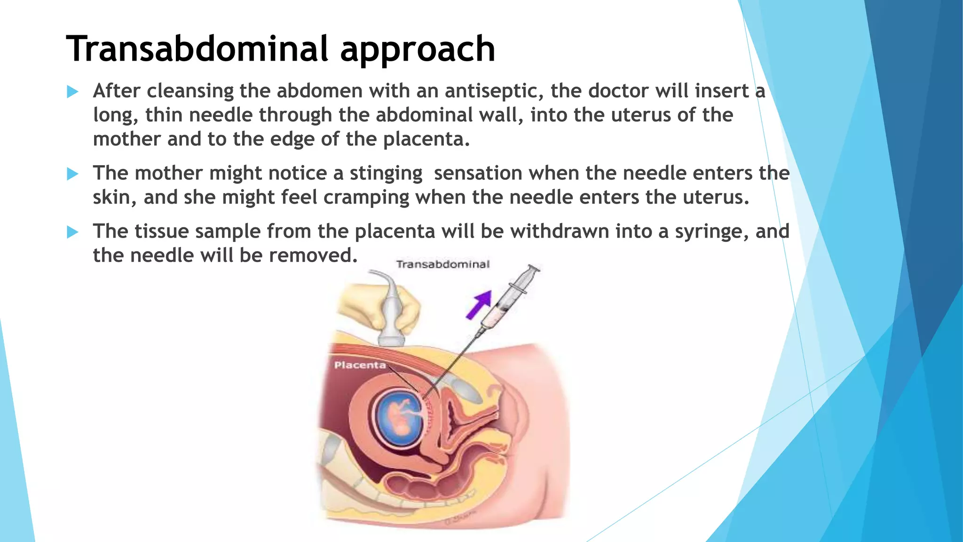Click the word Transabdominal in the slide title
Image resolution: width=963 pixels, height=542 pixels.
(197, 49)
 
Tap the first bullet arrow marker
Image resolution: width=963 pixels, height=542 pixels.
(72, 91)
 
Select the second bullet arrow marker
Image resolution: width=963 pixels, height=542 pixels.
(72, 174)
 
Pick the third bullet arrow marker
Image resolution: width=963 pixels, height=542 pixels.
(72, 232)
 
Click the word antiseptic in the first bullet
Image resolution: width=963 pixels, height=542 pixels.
(494, 91)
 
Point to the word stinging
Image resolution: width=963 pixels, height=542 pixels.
(386, 174)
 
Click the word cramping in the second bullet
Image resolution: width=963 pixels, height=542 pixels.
(366, 198)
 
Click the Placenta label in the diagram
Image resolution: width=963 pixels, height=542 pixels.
(360, 365)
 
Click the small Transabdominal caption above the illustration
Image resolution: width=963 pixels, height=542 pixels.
(442, 264)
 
